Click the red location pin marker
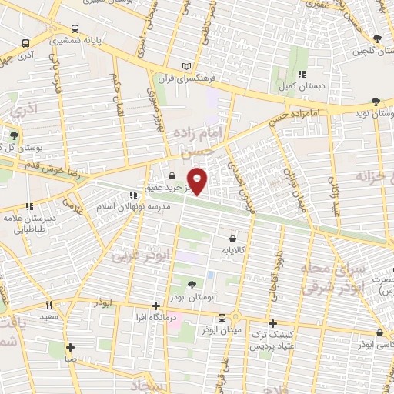[x=199, y=179]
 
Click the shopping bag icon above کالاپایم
[x=232, y=239]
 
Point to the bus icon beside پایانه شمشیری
[x=28, y=44]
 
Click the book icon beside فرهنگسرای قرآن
[x=183, y=66]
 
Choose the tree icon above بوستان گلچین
[x=376, y=39]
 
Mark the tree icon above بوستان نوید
[x=376, y=101]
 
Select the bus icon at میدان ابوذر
[x=222, y=317]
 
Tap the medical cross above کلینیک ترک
[x=272, y=324]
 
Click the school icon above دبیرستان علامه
[x=30, y=206]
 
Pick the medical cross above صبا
[x=70, y=347]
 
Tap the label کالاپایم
[x=232, y=251]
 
